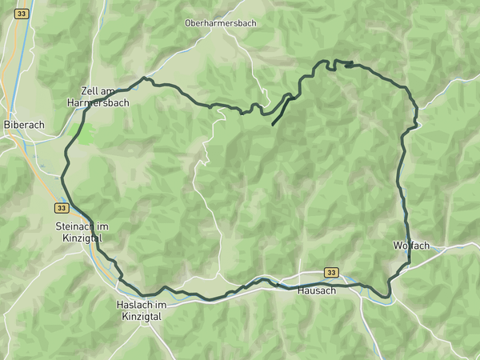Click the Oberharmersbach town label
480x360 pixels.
(x=220, y=23)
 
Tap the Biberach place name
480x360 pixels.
(x=23, y=125)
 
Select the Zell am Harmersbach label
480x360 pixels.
(x=104, y=97)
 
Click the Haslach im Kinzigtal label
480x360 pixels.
(x=141, y=311)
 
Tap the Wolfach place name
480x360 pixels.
(x=411, y=245)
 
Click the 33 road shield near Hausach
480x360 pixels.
(x=331, y=272)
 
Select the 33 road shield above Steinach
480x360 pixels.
(x=62, y=207)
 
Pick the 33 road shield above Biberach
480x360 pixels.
(x=21, y=14)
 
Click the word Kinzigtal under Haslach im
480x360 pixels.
(x=142, y=317)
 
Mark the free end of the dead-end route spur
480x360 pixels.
(x=273, y=126)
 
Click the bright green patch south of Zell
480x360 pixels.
(x=82, y=133)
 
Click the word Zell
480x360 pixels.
(x=90, y=91)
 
